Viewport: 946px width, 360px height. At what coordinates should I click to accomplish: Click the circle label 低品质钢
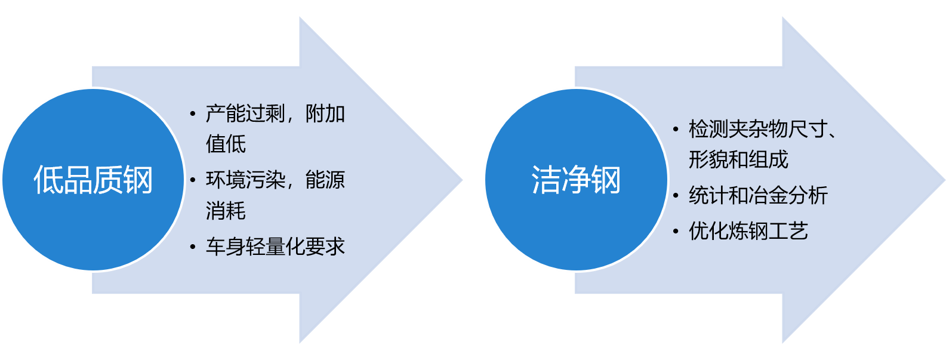[93, 180]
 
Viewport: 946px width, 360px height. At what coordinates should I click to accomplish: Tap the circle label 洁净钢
[576, 180]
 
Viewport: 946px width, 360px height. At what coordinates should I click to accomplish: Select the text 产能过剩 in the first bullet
[245, 113]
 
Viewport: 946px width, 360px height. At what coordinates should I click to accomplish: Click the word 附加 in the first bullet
[325, 113]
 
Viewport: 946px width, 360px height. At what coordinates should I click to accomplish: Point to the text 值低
[226, 144]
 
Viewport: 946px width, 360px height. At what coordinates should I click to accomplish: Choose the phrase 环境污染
[245, 180]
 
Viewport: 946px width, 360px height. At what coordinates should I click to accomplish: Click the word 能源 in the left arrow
[325, 180]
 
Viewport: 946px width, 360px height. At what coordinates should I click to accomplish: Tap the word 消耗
[226, 211]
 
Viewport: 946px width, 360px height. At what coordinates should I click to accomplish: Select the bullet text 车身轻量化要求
[275, 247]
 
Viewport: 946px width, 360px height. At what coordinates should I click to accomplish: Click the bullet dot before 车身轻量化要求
[192, 247]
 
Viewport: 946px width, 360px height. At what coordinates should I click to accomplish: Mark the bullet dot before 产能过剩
[192, 113]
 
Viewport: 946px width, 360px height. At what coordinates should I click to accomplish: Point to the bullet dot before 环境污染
[192, 180]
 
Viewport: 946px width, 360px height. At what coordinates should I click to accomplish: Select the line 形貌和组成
[738, 159]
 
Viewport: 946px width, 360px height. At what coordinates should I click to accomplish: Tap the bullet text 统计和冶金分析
[758, 195]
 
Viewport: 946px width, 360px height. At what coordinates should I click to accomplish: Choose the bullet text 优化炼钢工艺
[748, 231]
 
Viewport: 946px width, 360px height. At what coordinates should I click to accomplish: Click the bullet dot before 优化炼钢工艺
[676, 231]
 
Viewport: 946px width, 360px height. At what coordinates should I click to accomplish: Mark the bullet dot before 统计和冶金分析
[676, 195]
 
